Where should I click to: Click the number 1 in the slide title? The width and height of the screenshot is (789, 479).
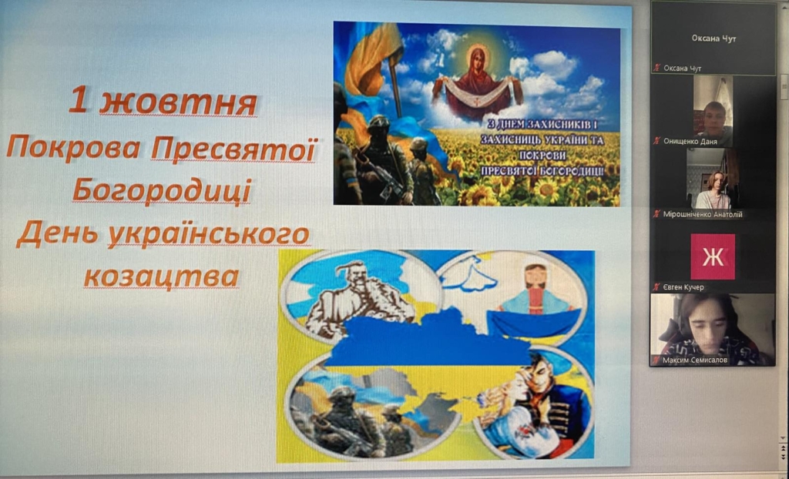pyautogui.click(x=78, y=99)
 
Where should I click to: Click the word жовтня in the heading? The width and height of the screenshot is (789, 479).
pyautogui.click(x=178, y=102)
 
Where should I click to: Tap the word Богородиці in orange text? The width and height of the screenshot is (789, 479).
pyautogui.click(x=162, y=191)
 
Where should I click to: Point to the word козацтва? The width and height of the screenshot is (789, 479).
pyautogui.click(x=162, y=276)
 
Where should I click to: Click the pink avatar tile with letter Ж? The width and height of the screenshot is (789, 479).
pyautogui.click(x=713, y=256)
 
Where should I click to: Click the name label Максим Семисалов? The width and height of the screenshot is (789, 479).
pyautogui.click(x=695, y=360)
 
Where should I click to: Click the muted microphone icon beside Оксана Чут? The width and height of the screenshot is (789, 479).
pyautogui.click(x=656, y=68)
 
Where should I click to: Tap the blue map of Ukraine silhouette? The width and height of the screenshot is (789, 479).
pyautogui.click(x=427, y=340)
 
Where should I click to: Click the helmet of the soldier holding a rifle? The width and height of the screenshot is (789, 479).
pyautogui.click(x=378, y=122)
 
